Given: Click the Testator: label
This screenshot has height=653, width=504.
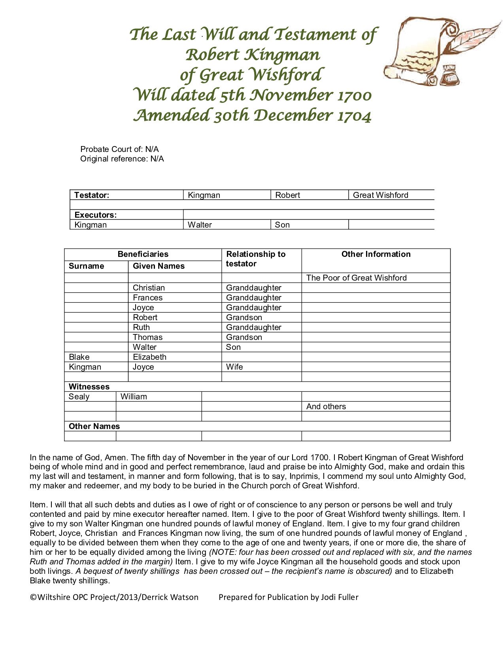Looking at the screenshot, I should [x=92, y=195].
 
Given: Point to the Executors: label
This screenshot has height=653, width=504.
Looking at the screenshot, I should [x=95, y=215].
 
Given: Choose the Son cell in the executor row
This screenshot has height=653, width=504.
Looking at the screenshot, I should [x=282, y=225].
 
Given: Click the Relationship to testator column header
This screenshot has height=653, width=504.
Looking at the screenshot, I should [x=255, y=259].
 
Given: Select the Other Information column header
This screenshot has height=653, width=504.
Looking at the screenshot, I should [x=376, y=254].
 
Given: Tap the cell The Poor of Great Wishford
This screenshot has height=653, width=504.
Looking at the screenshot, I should [x=356, y=278].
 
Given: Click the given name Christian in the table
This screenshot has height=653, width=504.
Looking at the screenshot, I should [x=149, y=288].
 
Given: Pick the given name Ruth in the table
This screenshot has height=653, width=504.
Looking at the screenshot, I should [x=141, y=327].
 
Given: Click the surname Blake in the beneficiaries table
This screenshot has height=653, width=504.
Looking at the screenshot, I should [x=79, y=357].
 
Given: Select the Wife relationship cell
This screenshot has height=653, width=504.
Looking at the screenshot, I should [x=234, y=367].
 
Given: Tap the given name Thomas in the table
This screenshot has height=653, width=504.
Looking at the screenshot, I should [x=147, y=337].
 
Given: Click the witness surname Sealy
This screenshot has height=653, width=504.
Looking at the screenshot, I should [x=79, y=397].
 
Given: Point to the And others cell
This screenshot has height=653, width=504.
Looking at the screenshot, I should [x=326, y=406].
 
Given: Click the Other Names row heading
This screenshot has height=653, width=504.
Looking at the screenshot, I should [x=94, y=426].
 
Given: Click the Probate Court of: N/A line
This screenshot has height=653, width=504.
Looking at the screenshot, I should [x=119, y=149].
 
